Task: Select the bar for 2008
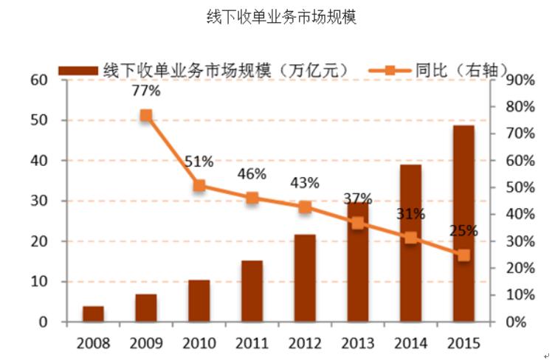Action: [x=93, y=314]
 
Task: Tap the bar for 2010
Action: [x=199, y=301]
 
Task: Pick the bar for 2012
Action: [x=305, y=278]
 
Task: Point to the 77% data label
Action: [x=146, y=91]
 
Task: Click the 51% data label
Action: [x=199, y=162]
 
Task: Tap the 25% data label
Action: [x=463, y=231]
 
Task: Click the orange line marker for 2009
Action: [x=146, y=115]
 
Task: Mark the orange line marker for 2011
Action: [x=252, y=198]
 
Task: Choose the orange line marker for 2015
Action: [x=463, y=255]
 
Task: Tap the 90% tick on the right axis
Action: [x=520, y=80]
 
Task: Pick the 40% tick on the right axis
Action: [x=520, y=215]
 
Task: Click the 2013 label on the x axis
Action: [x=358, y=343]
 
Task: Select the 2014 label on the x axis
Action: [x=411, y=343]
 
